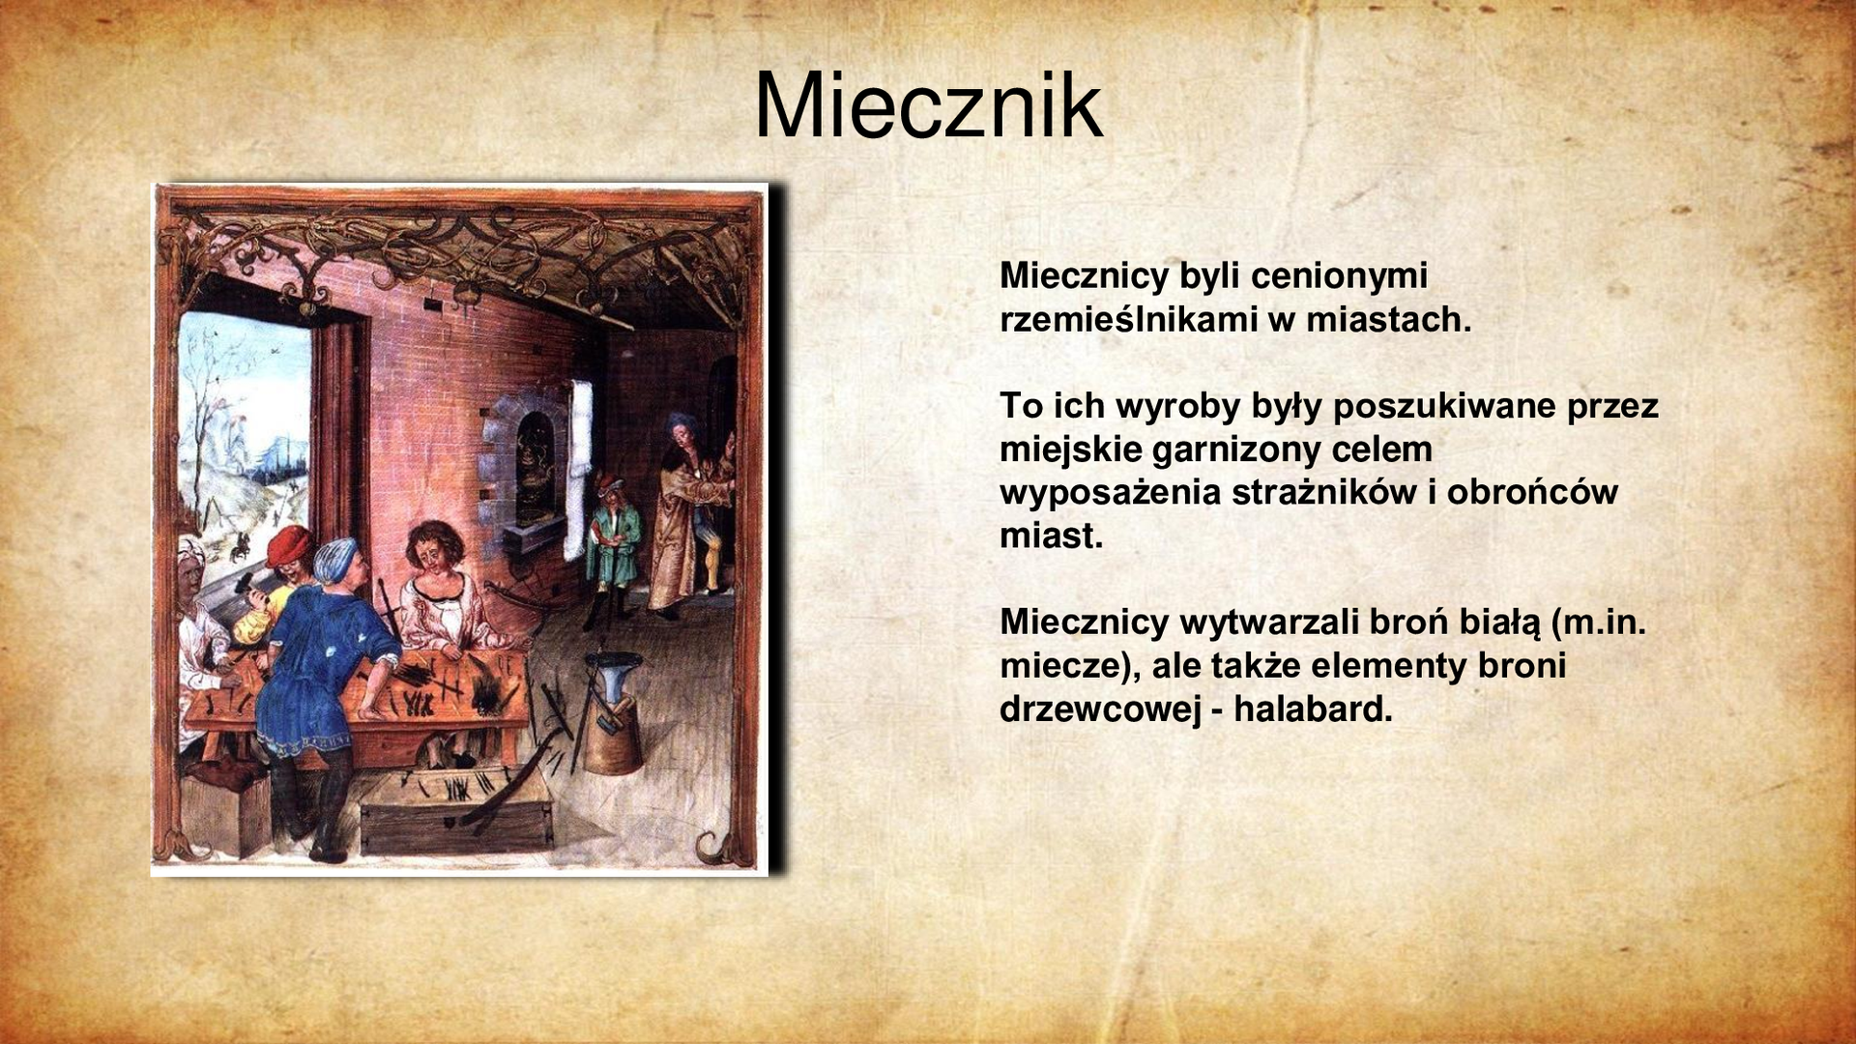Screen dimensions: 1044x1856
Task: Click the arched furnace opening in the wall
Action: (x=531, y=464)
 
